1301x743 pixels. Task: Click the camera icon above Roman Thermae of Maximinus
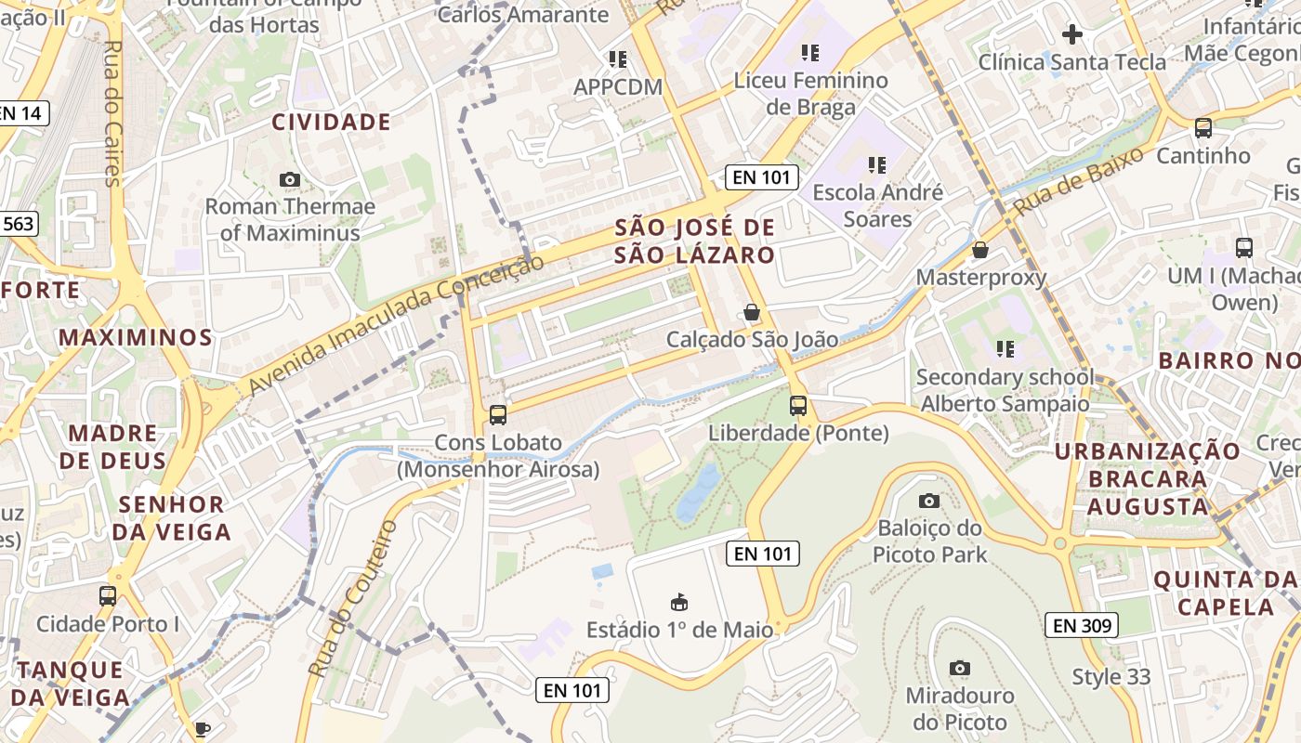(290, 179)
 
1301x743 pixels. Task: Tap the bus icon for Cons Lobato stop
(498, 415)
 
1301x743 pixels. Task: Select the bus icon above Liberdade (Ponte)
(798, 405)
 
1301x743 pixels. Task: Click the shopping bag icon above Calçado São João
(752, 312)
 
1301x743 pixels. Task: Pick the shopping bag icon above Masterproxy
(980, 250)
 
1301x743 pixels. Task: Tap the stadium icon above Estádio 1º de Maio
(679, 602)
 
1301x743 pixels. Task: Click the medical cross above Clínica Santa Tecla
(1072, 35)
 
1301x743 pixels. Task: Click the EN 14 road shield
(20, 113)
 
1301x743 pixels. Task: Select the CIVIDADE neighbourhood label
(331, 122)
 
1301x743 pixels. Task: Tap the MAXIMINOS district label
(136, 337)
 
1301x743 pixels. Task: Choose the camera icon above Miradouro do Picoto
(960, 668)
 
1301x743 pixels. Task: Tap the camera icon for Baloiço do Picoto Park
(928, 502)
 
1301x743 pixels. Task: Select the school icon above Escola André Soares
(877, 165)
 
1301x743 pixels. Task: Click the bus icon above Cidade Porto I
(108, 595)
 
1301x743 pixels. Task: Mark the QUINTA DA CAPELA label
(1226, 593)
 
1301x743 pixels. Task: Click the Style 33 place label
(1110, 676)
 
